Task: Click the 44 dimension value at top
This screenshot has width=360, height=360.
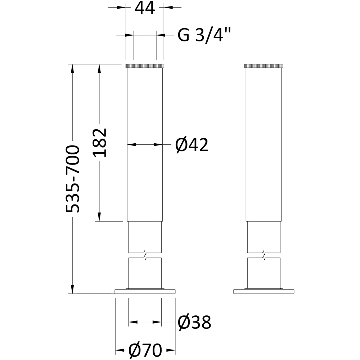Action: pos(145,9)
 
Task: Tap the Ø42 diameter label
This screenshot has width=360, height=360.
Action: pos(192,145)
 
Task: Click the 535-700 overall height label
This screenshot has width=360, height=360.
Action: pos(73,179)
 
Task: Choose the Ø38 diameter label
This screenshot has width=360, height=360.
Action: pos(194,322)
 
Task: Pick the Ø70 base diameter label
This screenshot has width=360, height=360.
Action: pos(145,350)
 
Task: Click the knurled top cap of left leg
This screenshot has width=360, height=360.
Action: pos(145,66)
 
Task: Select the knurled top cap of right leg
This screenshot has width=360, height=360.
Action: pos(264,66)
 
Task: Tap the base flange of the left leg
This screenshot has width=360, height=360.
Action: pos(145,291)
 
